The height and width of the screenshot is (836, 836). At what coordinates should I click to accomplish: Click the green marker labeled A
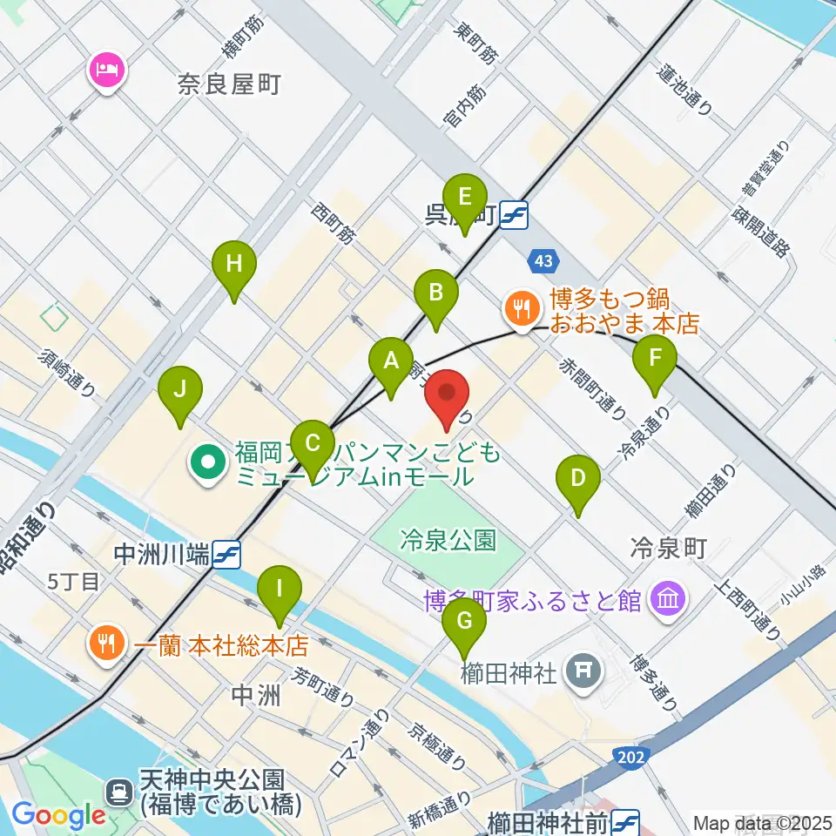pyautogui.click(x=391, y=361)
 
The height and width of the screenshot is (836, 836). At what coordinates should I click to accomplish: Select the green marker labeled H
pyautogui.click(x=233, y=265)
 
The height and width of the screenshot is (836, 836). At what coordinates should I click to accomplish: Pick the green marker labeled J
pyautogui.click(x=179, y=390)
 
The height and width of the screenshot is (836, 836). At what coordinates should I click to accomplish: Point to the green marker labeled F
pyautogui.click(x=657, y=357)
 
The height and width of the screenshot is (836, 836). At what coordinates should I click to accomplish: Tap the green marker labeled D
pyautogui.click(x=577, y=479)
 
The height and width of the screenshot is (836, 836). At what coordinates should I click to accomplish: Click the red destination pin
pyautogui.click(x=447, y=396)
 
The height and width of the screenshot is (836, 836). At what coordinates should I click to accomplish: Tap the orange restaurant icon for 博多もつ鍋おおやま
pyautogui.click(x=520, y=307)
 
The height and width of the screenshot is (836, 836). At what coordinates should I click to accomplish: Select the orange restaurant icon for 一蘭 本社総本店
pyautogui.click(x=107, y=644)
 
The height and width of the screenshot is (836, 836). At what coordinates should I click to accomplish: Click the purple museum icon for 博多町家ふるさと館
pyautogui.click(x=669, y=599)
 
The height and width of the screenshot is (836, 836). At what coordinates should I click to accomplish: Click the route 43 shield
pyautogui.click(x=543, y=260)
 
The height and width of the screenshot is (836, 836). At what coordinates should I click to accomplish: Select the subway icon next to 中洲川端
pyautogui.click(x=226, y=554)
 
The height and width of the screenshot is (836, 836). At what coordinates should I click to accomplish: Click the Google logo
pyautogui.click(x=58, y=816)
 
